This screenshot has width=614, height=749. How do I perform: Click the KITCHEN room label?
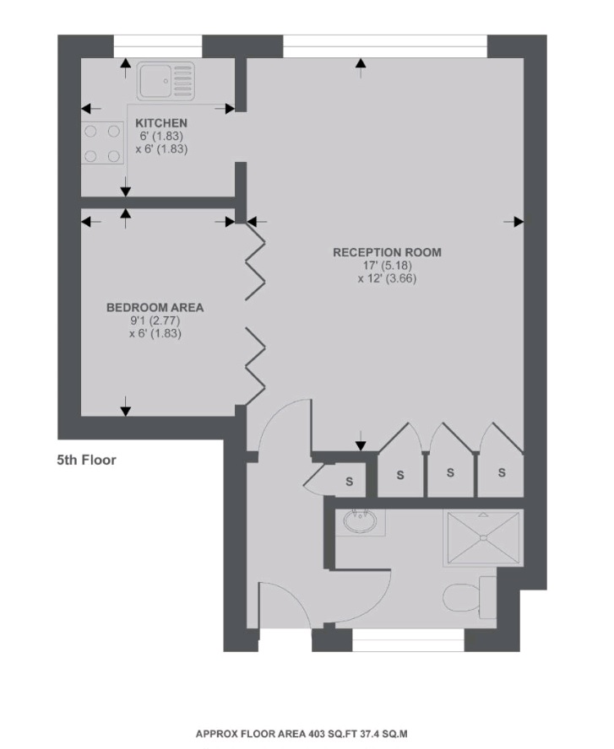[161, 123]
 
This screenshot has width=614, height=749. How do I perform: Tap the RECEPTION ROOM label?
[387, 252]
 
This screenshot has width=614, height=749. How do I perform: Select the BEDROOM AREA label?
[155, 308]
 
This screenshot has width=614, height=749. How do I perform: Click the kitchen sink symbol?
[166, 81]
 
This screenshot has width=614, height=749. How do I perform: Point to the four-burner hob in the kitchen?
[101, 143]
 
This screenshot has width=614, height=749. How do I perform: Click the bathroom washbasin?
[361, 522]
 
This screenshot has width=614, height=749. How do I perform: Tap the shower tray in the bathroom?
[482, 538]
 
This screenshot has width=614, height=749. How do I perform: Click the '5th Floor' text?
[86, 461]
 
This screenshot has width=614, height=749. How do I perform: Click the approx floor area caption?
[302, 734]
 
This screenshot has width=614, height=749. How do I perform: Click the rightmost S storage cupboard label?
[502, 472]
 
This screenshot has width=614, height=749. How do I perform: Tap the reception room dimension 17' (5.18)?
[387, 265]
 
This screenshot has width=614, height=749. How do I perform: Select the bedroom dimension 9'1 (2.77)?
[155, 321]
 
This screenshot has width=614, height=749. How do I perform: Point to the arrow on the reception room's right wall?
[513, 221]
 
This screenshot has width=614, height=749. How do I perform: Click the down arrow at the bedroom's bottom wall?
[126, 409]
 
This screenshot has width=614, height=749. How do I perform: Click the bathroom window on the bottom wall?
[408, 645]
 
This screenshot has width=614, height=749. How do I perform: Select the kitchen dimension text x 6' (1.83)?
[161, 148]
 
